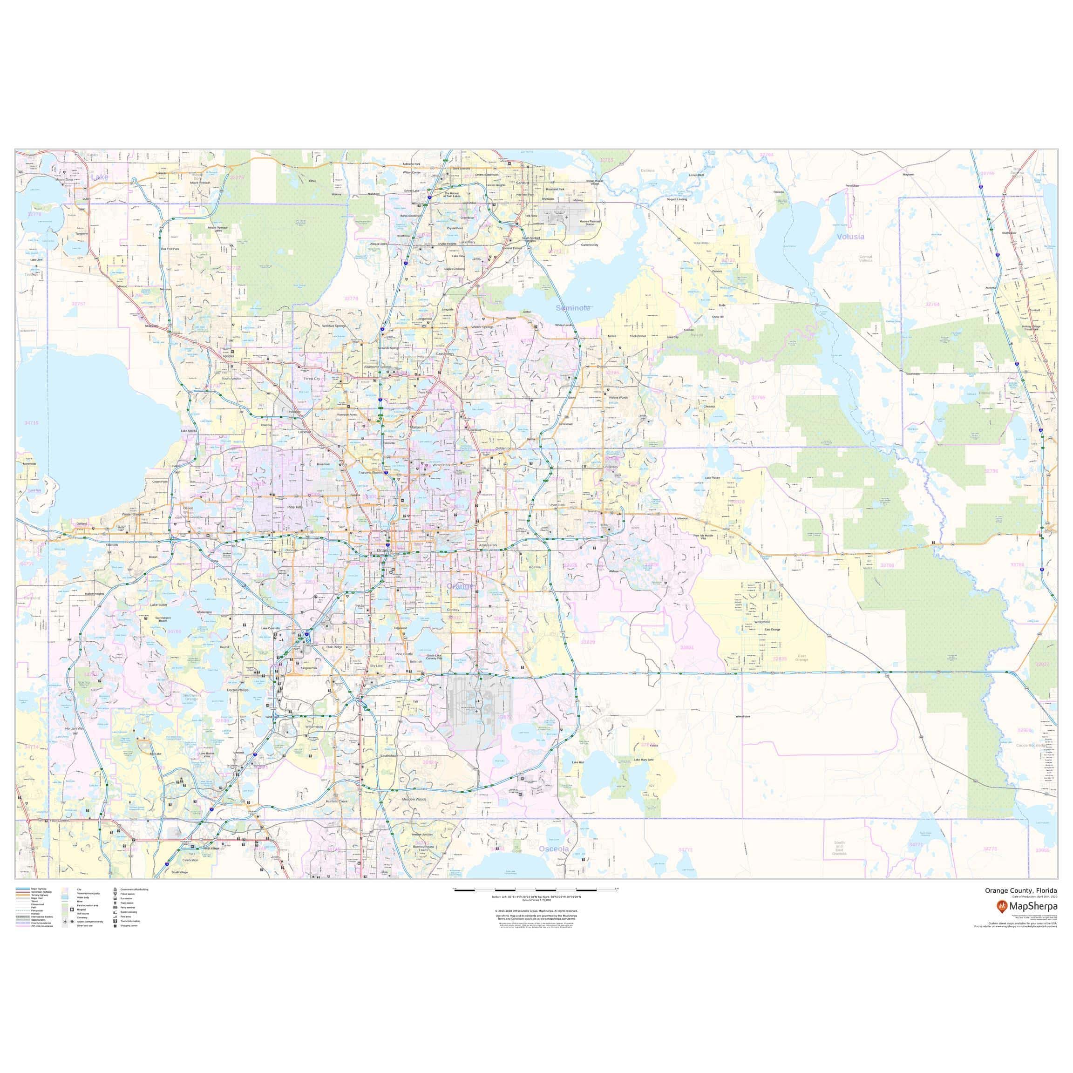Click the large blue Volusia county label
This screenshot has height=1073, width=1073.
tap(850, 237)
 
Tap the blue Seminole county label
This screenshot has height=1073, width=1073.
tap(573, 308)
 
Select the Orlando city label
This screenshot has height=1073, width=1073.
tap(384, 550)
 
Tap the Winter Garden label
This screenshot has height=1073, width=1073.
tap(133, 514)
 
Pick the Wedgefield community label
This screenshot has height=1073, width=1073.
tap(762, 622)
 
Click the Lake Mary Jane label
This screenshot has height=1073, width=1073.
tap(644, 759)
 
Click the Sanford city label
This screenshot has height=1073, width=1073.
tap(522, 183)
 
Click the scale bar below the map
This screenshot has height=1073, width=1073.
tap(536, 905)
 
